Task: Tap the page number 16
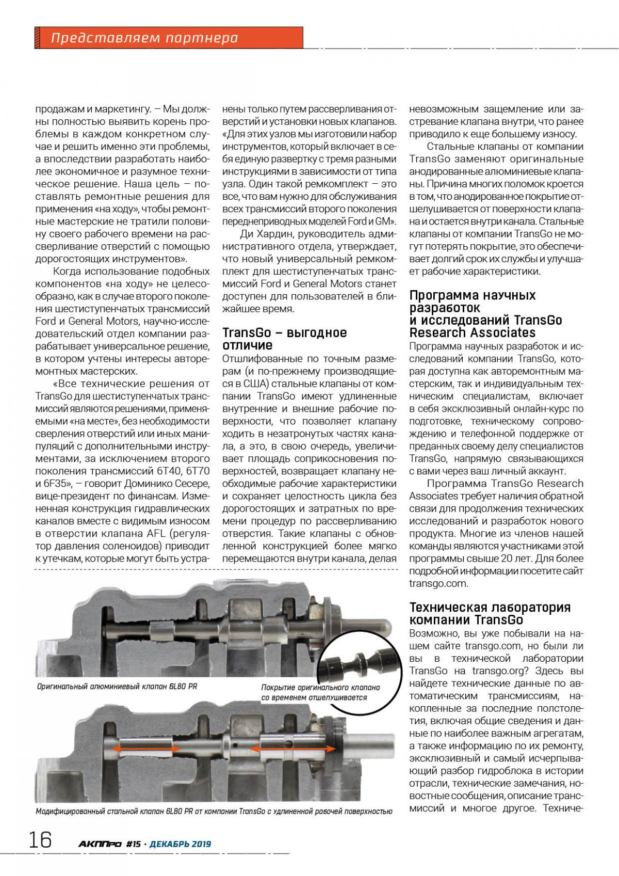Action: pos(40,840)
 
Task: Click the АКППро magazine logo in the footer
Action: pos(100,844)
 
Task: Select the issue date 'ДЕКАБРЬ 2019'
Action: pos(180,844)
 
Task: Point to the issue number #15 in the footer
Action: pos(133,844)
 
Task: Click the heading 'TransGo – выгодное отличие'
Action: pos(284,339)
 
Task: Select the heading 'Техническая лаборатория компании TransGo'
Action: pos(490,613)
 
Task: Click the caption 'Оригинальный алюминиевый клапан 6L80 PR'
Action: pos(117,687)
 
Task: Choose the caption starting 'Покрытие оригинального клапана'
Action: pos(320,692)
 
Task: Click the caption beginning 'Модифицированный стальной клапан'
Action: pos(214,811)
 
